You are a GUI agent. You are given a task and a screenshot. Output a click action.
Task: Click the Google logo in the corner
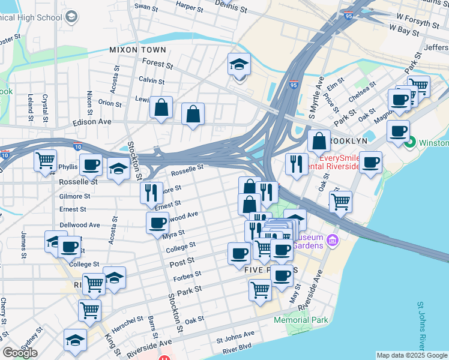click(20, 353)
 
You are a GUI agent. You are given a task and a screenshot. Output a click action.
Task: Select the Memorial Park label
click(301, 320)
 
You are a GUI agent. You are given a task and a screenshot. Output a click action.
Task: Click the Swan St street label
click(146, 7)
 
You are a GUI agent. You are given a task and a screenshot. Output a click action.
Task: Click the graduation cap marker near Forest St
click(239, 64)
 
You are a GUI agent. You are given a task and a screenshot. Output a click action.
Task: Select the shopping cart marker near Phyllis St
click(45, 161)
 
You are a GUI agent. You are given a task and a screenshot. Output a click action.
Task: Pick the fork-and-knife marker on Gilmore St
click(151, 193)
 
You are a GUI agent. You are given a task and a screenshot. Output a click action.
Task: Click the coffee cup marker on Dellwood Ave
click(157, 223)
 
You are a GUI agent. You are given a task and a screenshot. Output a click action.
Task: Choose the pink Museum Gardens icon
click(334, 241)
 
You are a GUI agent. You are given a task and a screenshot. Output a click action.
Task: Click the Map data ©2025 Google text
click(412, 355)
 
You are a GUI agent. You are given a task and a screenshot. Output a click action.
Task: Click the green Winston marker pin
click(411, 143)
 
